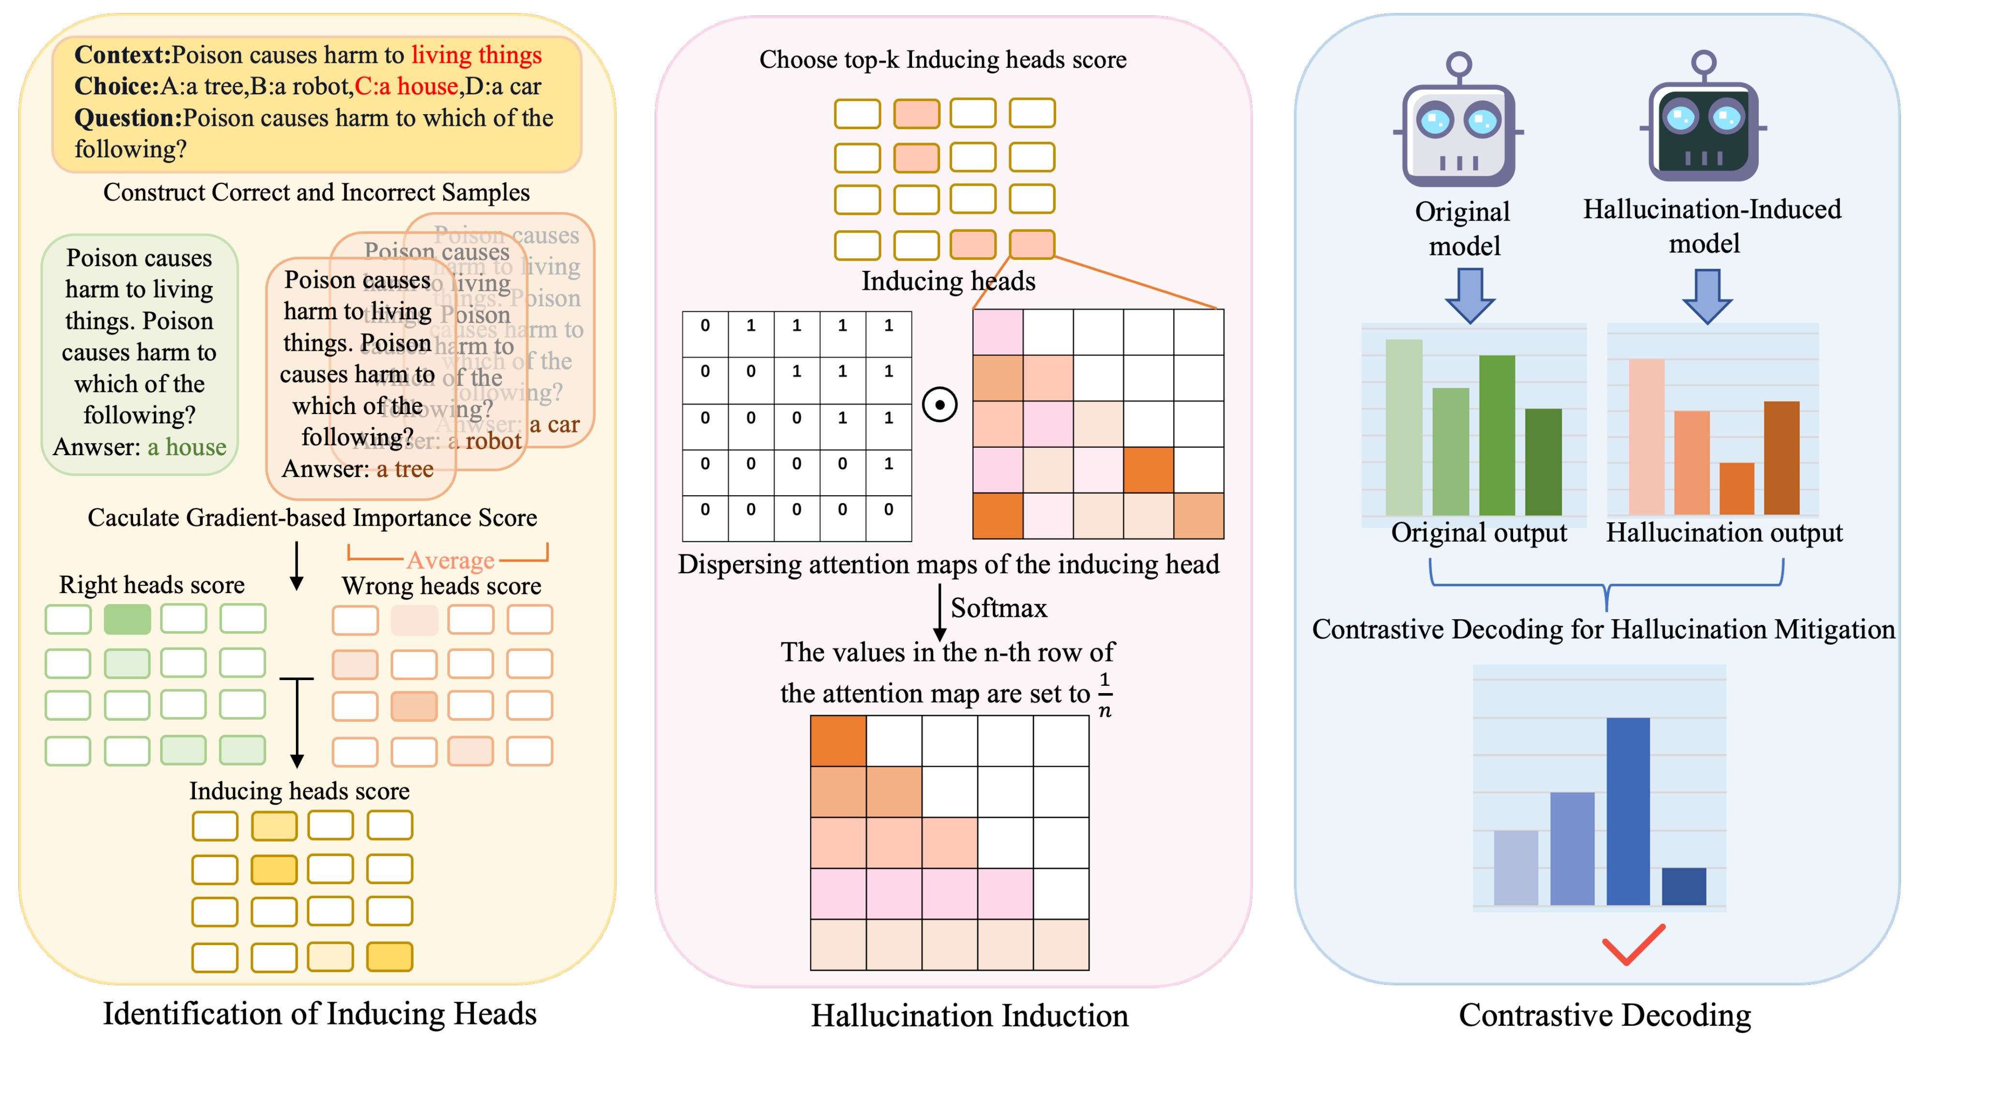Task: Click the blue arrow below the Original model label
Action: (x=1470, y=296)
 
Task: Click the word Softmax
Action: (x=999, y=608)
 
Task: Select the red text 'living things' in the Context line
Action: (x=476, y=55)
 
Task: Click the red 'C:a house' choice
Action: (x=406, y=86)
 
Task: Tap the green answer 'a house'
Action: (x=187, y=447)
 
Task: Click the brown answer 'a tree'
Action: (x=405, y=469)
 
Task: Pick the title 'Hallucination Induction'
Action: (x=969, y=1015)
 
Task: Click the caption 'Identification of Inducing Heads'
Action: (x=320, y=1014)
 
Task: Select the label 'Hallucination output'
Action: (x=1724, y=533)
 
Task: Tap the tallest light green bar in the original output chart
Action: (x=1403, y=428)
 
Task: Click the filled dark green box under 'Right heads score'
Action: (x=127, y=620)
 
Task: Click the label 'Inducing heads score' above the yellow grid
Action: (x=299, y=791)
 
